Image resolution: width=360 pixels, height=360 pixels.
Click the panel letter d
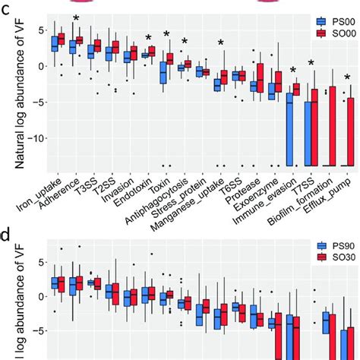[x=6, y=236]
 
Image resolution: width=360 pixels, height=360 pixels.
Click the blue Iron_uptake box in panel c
[x=55, y=43]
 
